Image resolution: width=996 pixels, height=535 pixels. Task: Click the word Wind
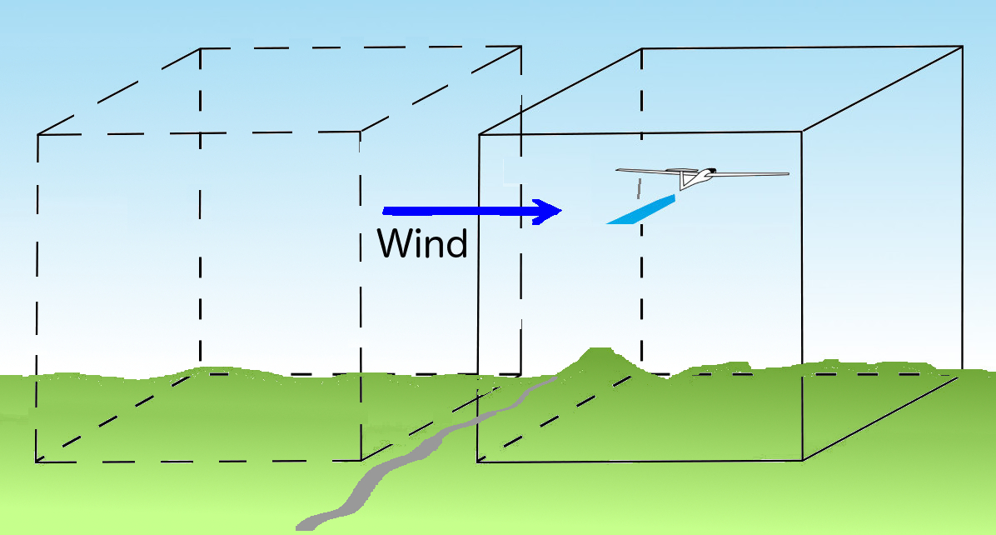[x=422, y=242]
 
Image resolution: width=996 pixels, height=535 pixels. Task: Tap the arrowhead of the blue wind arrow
[x=547, y=212]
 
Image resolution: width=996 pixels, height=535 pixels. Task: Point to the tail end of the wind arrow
[x=384, y=211]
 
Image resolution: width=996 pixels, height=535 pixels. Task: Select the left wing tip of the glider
[x=617, y=170]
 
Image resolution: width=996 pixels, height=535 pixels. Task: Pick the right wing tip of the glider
[x=788, y=173]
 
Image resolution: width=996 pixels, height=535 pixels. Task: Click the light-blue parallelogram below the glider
[x=640, y=210]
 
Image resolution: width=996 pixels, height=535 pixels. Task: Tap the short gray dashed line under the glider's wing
[x=639, y=188]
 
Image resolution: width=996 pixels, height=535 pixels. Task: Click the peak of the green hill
[x=599, y=349]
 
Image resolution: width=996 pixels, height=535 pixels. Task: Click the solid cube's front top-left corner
[x=480, y=134]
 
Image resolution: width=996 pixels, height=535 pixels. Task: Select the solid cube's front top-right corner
[x=802, y=132]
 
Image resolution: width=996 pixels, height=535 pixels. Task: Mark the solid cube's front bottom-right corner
[x=803, y=460]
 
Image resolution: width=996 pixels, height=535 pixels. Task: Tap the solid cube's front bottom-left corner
[x=478, y=462]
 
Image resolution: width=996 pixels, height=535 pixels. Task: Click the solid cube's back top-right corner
[x=963, y=47]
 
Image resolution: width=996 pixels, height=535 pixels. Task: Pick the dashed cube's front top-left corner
[x=38, y=135]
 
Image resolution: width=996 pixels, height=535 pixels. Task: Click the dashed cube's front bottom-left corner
[x=36, y=462]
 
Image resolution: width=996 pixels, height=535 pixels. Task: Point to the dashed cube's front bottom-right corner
[x=361, y=460]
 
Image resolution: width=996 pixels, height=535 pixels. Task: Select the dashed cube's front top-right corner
[x=361, y=132]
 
